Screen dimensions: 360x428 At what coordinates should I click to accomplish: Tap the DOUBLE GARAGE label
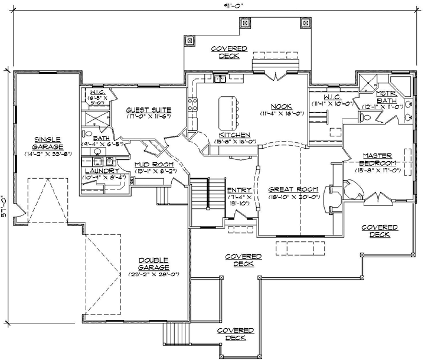(x=153, y=263)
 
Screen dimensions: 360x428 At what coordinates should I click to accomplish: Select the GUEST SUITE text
(x=149, y=110)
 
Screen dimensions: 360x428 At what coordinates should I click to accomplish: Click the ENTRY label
(x=239, y=190)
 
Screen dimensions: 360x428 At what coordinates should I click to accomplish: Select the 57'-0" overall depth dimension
(x=5, y=207)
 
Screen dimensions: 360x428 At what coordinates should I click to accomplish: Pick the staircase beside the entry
(x=202, y=195)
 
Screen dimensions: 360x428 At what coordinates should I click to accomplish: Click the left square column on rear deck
(x=191, y=41)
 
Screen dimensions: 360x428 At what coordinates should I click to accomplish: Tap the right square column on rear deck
(x=305, y=24)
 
